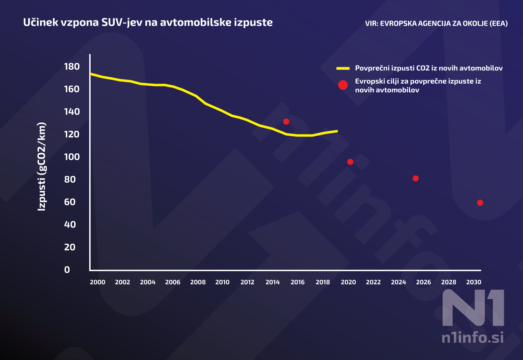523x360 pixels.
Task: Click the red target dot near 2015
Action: coord(286,122)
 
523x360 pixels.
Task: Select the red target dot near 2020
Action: coord(350,162)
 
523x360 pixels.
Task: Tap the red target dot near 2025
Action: coord(415,178)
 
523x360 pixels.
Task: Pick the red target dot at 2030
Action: coord(480,202)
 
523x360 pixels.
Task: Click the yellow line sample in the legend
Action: coord(343,68)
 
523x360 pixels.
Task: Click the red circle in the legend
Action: coord(343,85)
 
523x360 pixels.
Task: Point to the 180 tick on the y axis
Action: coord(72,66)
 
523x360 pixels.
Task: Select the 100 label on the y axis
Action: coord(72,157)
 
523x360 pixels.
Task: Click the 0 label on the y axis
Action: coord(67,270)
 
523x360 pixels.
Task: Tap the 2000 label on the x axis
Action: coord(97,282)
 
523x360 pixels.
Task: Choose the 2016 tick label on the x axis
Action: coord(297,282)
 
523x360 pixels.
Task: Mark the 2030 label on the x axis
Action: coord(474,282)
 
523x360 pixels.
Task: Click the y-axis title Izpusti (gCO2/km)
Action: coord(41,167)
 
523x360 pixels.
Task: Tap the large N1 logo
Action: coord(473,308)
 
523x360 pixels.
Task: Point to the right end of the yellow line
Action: coord(337,131)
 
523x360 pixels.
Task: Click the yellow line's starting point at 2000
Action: coord(91,74)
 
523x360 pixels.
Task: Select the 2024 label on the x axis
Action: coord(398,282)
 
